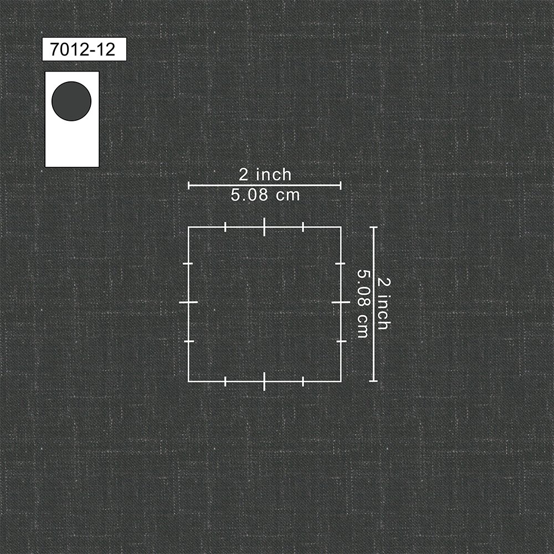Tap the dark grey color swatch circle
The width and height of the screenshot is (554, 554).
click(x=71, y=101)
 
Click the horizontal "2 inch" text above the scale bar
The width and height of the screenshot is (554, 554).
click(x=265, y=175)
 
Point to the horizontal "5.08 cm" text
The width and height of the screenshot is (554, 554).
click(x=265, y=195)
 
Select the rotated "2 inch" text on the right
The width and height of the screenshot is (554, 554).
click(x=384, y=304)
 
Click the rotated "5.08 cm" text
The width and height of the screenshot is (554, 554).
click(x=363, y=304)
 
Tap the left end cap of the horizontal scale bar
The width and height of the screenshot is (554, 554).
click(x=189, y=185)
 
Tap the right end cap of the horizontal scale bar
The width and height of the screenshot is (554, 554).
click(x=341, y=185)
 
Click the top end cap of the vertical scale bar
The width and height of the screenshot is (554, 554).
click(x=373, y=228)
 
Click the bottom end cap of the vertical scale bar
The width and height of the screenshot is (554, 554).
click(x=373, y=381)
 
